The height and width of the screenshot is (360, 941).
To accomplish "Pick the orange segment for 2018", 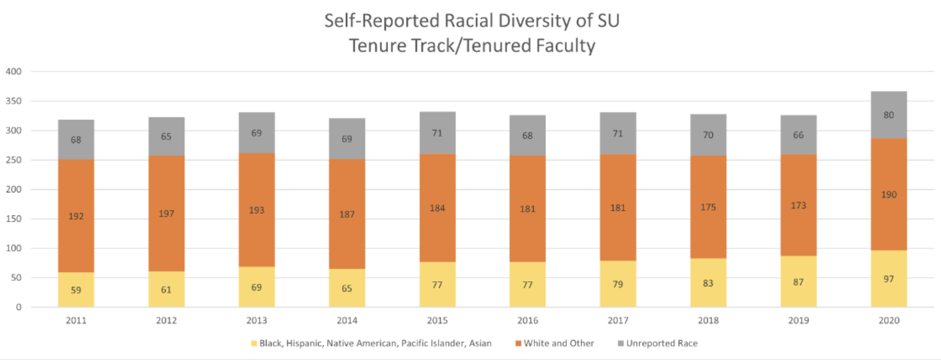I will tap(708, 184).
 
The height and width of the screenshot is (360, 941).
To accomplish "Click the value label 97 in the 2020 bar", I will tap(888, 279).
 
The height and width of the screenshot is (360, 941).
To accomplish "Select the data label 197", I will tap(166, 213).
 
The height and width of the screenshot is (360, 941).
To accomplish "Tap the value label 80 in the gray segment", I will tap(888, 115).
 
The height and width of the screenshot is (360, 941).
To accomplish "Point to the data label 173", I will tap(798, 205).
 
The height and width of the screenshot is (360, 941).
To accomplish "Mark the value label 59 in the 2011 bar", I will tap(76, 291).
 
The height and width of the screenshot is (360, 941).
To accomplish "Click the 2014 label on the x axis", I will tap(347, 321).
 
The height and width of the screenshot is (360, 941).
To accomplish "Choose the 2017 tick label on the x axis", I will tap(618, 321).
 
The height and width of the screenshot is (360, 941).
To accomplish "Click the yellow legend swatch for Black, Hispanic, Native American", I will tap(252, 343).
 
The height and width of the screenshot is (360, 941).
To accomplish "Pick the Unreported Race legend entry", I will tap(662, 343).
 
